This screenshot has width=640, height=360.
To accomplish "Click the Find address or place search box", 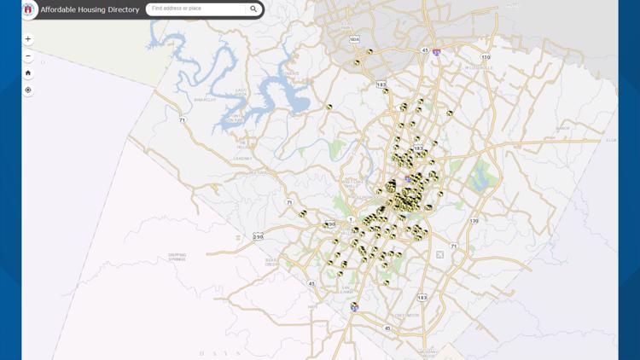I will click(x=196, y=9).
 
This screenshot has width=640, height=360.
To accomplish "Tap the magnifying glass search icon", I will click(x=253, y=9).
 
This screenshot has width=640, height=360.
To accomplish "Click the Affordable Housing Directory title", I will click(x=90, y=9).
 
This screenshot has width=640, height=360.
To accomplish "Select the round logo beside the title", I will click(x=28, y=9).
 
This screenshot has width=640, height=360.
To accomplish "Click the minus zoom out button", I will click(x=28, y=55).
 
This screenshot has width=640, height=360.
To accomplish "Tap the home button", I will click(x=28, y=73).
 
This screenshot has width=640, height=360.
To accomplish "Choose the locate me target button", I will click(x=28, y=90).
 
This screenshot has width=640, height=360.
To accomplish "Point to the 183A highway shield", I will click(x=354, y=39).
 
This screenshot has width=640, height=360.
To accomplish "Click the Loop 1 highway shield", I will click(x=351, y=219).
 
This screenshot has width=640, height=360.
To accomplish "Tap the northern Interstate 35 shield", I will click(x=436, y=52).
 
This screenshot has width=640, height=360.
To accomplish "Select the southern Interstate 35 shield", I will click(x=354, y=307).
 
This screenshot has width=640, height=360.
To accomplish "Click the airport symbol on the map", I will click(x=439, y=254).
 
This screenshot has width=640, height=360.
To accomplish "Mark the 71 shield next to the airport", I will click(x=454, y=247).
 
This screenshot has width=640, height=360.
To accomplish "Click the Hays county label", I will click(x=213, y=353).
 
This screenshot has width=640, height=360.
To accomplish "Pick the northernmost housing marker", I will click(x=369, y=52).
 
